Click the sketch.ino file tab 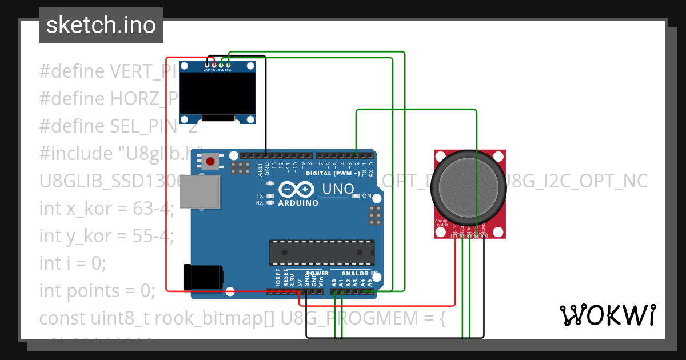(x=101, y=25)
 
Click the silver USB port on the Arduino (x=199, y=192)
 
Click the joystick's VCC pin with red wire (x=455, y=235)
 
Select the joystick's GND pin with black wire (x=484, y=235)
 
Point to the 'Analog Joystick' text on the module (x=442, y=222)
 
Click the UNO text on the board (x=336, y=189)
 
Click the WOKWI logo (x=607, y=315)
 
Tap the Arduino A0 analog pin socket (x=334, y=292)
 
